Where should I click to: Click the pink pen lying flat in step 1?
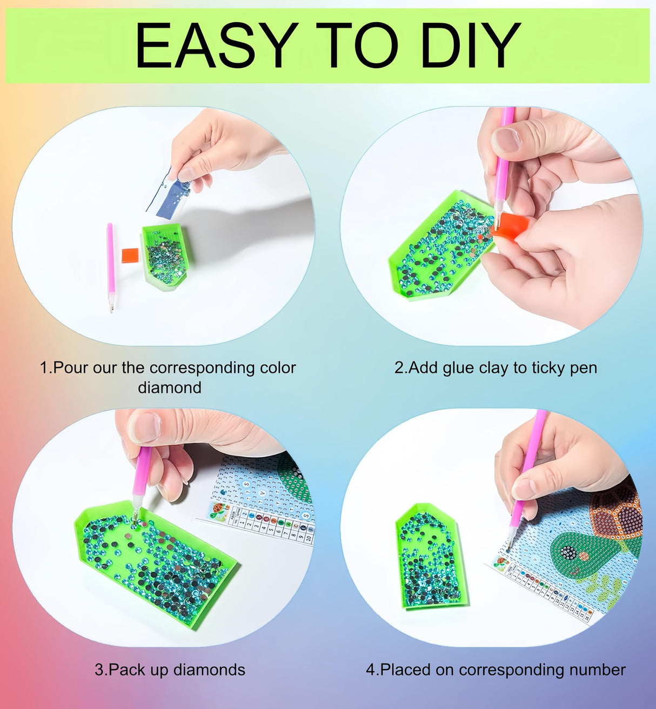(x=111, y=265)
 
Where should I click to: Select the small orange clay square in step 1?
(x=130, y=254)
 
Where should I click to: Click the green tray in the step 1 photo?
(x=165, y=257)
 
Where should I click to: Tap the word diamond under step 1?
(x=170, y=387)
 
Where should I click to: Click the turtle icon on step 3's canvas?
(x=219, y=511)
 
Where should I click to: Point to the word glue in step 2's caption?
(x=459, y=368)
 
